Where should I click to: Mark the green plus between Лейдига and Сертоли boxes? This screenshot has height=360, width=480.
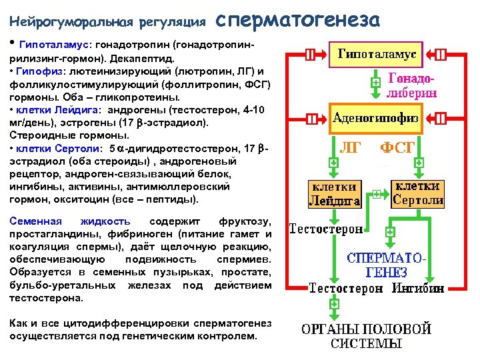pyautogui.click(x=377, y=194)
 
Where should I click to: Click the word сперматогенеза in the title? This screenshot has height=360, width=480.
pyautogui.click(x=298, y=20)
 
